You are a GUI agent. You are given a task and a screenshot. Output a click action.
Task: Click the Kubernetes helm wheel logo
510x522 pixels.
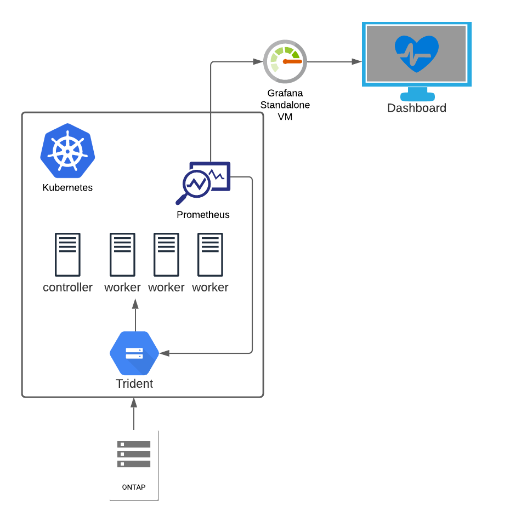coord(67,151)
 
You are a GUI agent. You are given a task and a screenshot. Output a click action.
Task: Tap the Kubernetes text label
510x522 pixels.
coord(67,188)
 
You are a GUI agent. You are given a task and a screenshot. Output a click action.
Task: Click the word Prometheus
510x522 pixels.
coord(203,215)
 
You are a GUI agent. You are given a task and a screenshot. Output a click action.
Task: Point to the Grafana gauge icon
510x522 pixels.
coord(285,61)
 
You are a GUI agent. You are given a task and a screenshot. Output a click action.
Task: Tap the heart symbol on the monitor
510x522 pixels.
coord(417,54)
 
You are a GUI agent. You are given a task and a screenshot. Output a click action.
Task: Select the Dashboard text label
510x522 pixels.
coord(417,108)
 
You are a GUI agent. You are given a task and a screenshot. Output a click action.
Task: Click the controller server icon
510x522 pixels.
coord(67,255)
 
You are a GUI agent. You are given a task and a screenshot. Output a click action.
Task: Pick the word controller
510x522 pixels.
coord(67,288)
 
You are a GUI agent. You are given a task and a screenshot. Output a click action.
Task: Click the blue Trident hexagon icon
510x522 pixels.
coord(134,353)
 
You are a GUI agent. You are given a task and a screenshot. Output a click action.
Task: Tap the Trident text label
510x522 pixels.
coord(134,384)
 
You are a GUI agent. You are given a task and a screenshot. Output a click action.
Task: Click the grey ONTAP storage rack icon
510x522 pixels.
coord(134,454)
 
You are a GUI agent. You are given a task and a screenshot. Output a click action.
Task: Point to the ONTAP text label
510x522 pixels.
coord(134,487)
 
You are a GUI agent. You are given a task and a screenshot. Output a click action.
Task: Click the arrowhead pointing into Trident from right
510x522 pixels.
coord(164,353)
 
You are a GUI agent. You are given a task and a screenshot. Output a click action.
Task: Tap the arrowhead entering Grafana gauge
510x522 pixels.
coord(258,62)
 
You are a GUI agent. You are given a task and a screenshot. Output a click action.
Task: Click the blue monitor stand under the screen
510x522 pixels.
coord(417,94)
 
